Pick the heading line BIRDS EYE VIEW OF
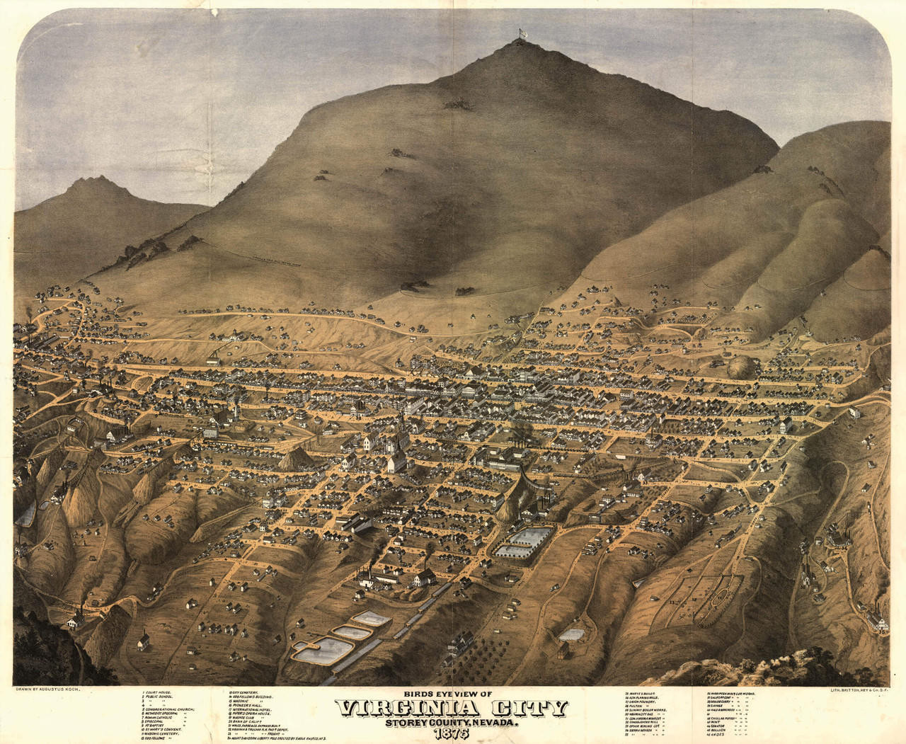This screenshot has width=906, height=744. (454, 694)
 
